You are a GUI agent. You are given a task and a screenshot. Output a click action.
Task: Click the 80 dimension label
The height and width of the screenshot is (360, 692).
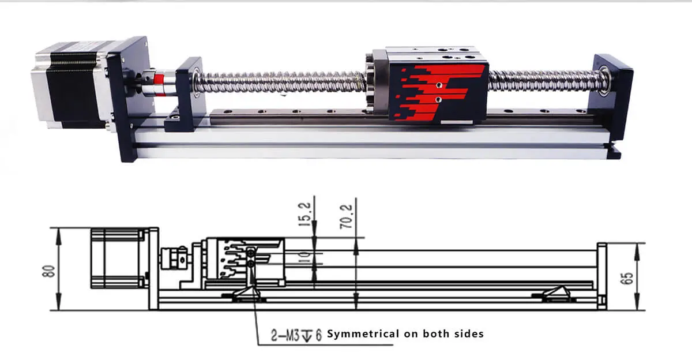pos(50,270)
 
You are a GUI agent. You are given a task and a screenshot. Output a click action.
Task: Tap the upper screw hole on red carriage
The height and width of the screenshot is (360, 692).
pos(439,84)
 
